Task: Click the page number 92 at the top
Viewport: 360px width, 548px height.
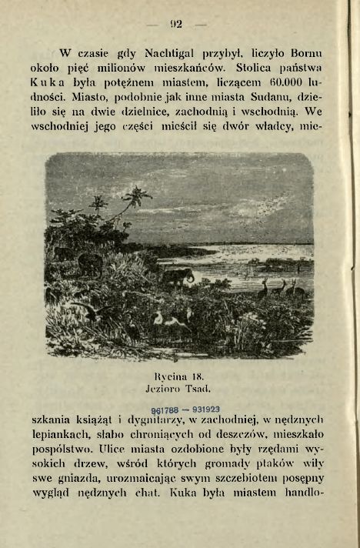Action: click(x=175, y=24)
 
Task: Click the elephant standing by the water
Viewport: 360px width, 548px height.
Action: click(x=178, y=276)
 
